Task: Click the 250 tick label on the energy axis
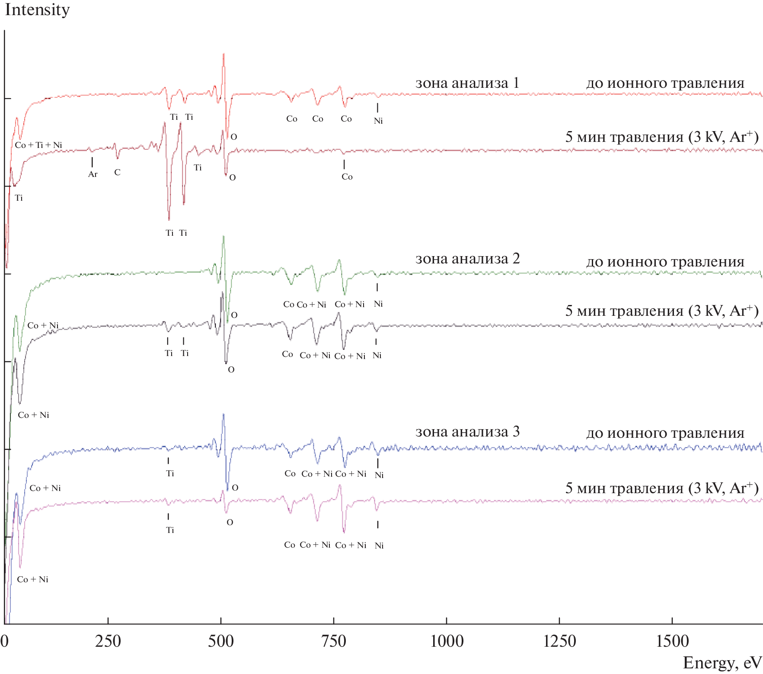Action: [x=108, y=641]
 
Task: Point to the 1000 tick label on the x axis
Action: [x=447, y=641]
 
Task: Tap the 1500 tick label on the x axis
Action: [x=672, y=641]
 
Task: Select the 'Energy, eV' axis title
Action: [x=722, y=663]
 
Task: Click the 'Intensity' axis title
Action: [x=37, y=10]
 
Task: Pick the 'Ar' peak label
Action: [x=93, y=174]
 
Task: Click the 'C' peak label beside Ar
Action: [x=117, y=172]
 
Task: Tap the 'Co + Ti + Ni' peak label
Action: [x=38, y=145]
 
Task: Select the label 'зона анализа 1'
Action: [x=467, y=83]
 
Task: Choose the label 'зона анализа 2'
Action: [x=467, y=258]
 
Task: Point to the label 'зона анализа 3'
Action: [x=467, y=431]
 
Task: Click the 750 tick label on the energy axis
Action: [x=334, y=641]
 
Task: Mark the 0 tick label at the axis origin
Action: [x=4, y=641]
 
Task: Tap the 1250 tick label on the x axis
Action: [x=559, y=641]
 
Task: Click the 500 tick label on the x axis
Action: [x=221, y=641]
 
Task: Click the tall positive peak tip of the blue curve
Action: [x=223, y=414]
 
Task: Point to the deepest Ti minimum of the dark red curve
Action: [x=169, y=220]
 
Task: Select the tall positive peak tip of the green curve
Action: [x=223, y=236]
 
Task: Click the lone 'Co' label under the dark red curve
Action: [x=347, y=177]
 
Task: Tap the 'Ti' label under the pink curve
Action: [x=170, y=530]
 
